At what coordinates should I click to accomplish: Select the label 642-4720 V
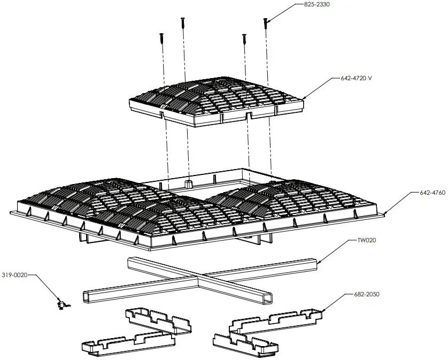pyautogui.click(x=356, y=78)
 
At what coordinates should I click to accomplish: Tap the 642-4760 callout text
pyautogui.click(x=428, y=192)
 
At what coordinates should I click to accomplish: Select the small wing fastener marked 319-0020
pyautogui.click(x=63, y=305)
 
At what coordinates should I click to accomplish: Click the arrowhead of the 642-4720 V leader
pyautogui.click(x=304, y=97)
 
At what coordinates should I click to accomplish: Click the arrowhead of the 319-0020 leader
pyautogui.click(x=60, y=302)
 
